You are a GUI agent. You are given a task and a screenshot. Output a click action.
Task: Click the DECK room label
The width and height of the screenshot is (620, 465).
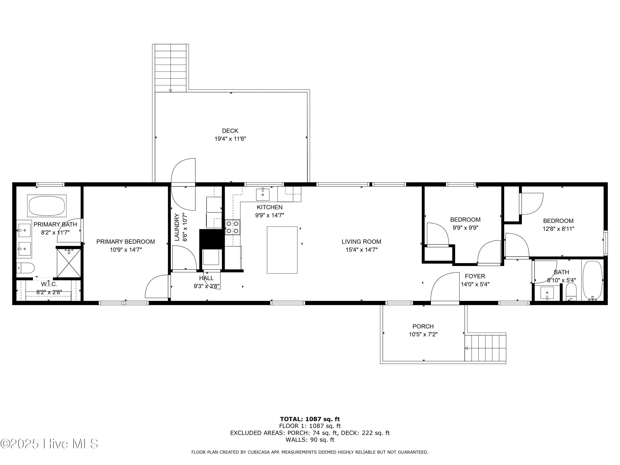[x=230, y=131]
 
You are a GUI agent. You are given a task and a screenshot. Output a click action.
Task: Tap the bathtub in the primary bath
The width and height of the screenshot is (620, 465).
[x=47, y=205]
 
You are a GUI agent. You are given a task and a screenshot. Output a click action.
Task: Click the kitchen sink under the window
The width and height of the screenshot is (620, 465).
[x=263, y=194]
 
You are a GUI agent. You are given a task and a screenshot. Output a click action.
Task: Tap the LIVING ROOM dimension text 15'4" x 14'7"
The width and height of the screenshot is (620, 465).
[x=361, y=250]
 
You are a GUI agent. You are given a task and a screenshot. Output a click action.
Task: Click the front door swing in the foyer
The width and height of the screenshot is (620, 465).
[x=445, y=289]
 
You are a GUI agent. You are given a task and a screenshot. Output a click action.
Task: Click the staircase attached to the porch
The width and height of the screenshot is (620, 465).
[x=485, y=348]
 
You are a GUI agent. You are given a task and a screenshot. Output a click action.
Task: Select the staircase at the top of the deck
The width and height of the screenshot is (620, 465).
[x=170, y=68]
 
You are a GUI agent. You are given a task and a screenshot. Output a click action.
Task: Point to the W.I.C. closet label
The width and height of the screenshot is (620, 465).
[x=49, y=284]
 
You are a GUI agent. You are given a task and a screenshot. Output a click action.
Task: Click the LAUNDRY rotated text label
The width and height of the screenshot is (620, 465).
[x=177, y=227]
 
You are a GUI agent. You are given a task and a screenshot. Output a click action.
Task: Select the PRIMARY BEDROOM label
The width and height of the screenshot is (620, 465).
[x=126, y=242]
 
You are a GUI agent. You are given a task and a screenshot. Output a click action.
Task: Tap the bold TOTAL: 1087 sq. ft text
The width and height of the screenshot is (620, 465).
[x=310, y=419]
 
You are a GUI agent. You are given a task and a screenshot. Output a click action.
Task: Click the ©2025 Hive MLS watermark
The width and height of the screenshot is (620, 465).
[x=49, y=444]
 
